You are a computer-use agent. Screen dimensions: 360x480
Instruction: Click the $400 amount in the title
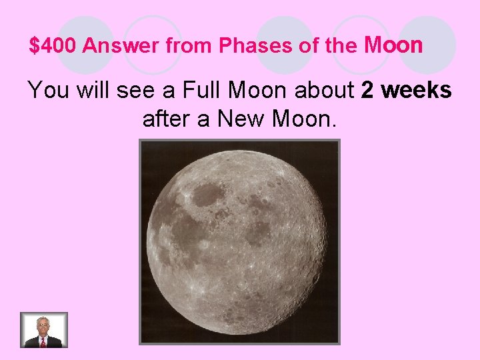tap(53, 47)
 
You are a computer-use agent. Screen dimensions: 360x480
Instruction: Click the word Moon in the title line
tap(393, 45)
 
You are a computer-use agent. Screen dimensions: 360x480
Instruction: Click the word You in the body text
tap(49, 90)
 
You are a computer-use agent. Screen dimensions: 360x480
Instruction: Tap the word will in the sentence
tap(92, 90)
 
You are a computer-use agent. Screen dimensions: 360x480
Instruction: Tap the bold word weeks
tap(418, 90)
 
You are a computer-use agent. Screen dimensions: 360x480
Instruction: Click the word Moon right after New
tap(303, 120)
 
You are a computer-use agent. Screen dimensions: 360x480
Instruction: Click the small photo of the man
tap(44, 330)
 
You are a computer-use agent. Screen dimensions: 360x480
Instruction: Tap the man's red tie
tap(43, 341)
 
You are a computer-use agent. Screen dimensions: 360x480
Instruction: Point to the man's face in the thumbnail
tap(43, 326)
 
